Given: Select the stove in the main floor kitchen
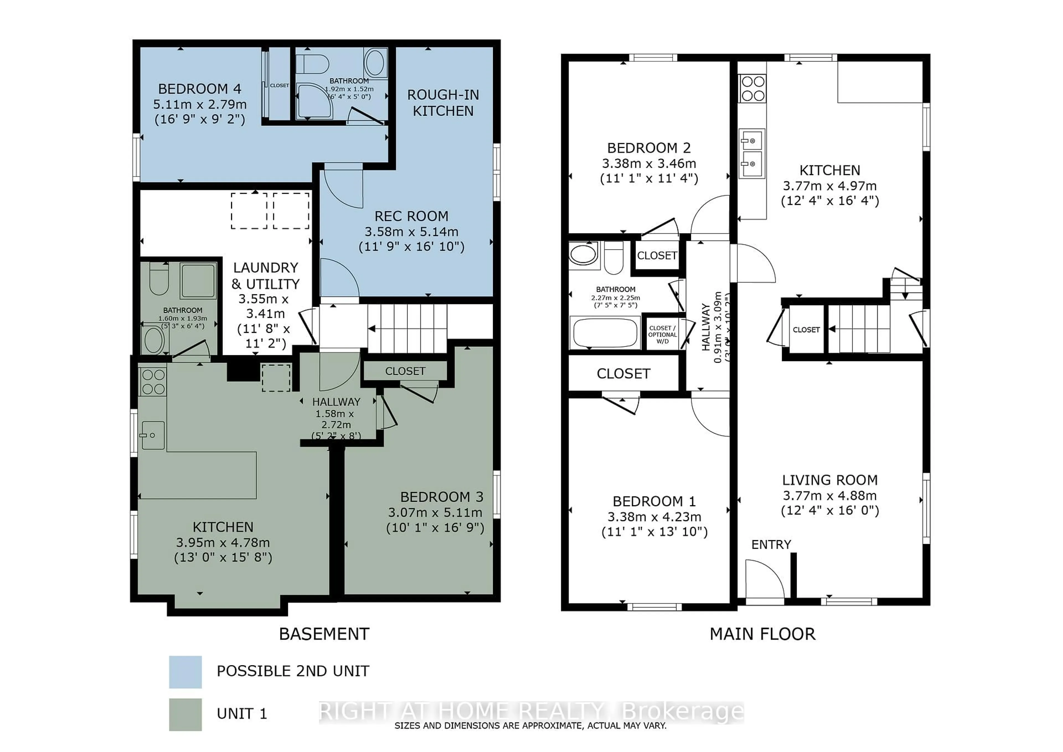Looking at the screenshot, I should (752, 88).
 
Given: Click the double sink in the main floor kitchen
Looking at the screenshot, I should (751, 153).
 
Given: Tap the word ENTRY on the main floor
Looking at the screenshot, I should (771, 545).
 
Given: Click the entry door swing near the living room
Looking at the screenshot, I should (764, 579).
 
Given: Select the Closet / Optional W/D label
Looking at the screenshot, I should (662, 334).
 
